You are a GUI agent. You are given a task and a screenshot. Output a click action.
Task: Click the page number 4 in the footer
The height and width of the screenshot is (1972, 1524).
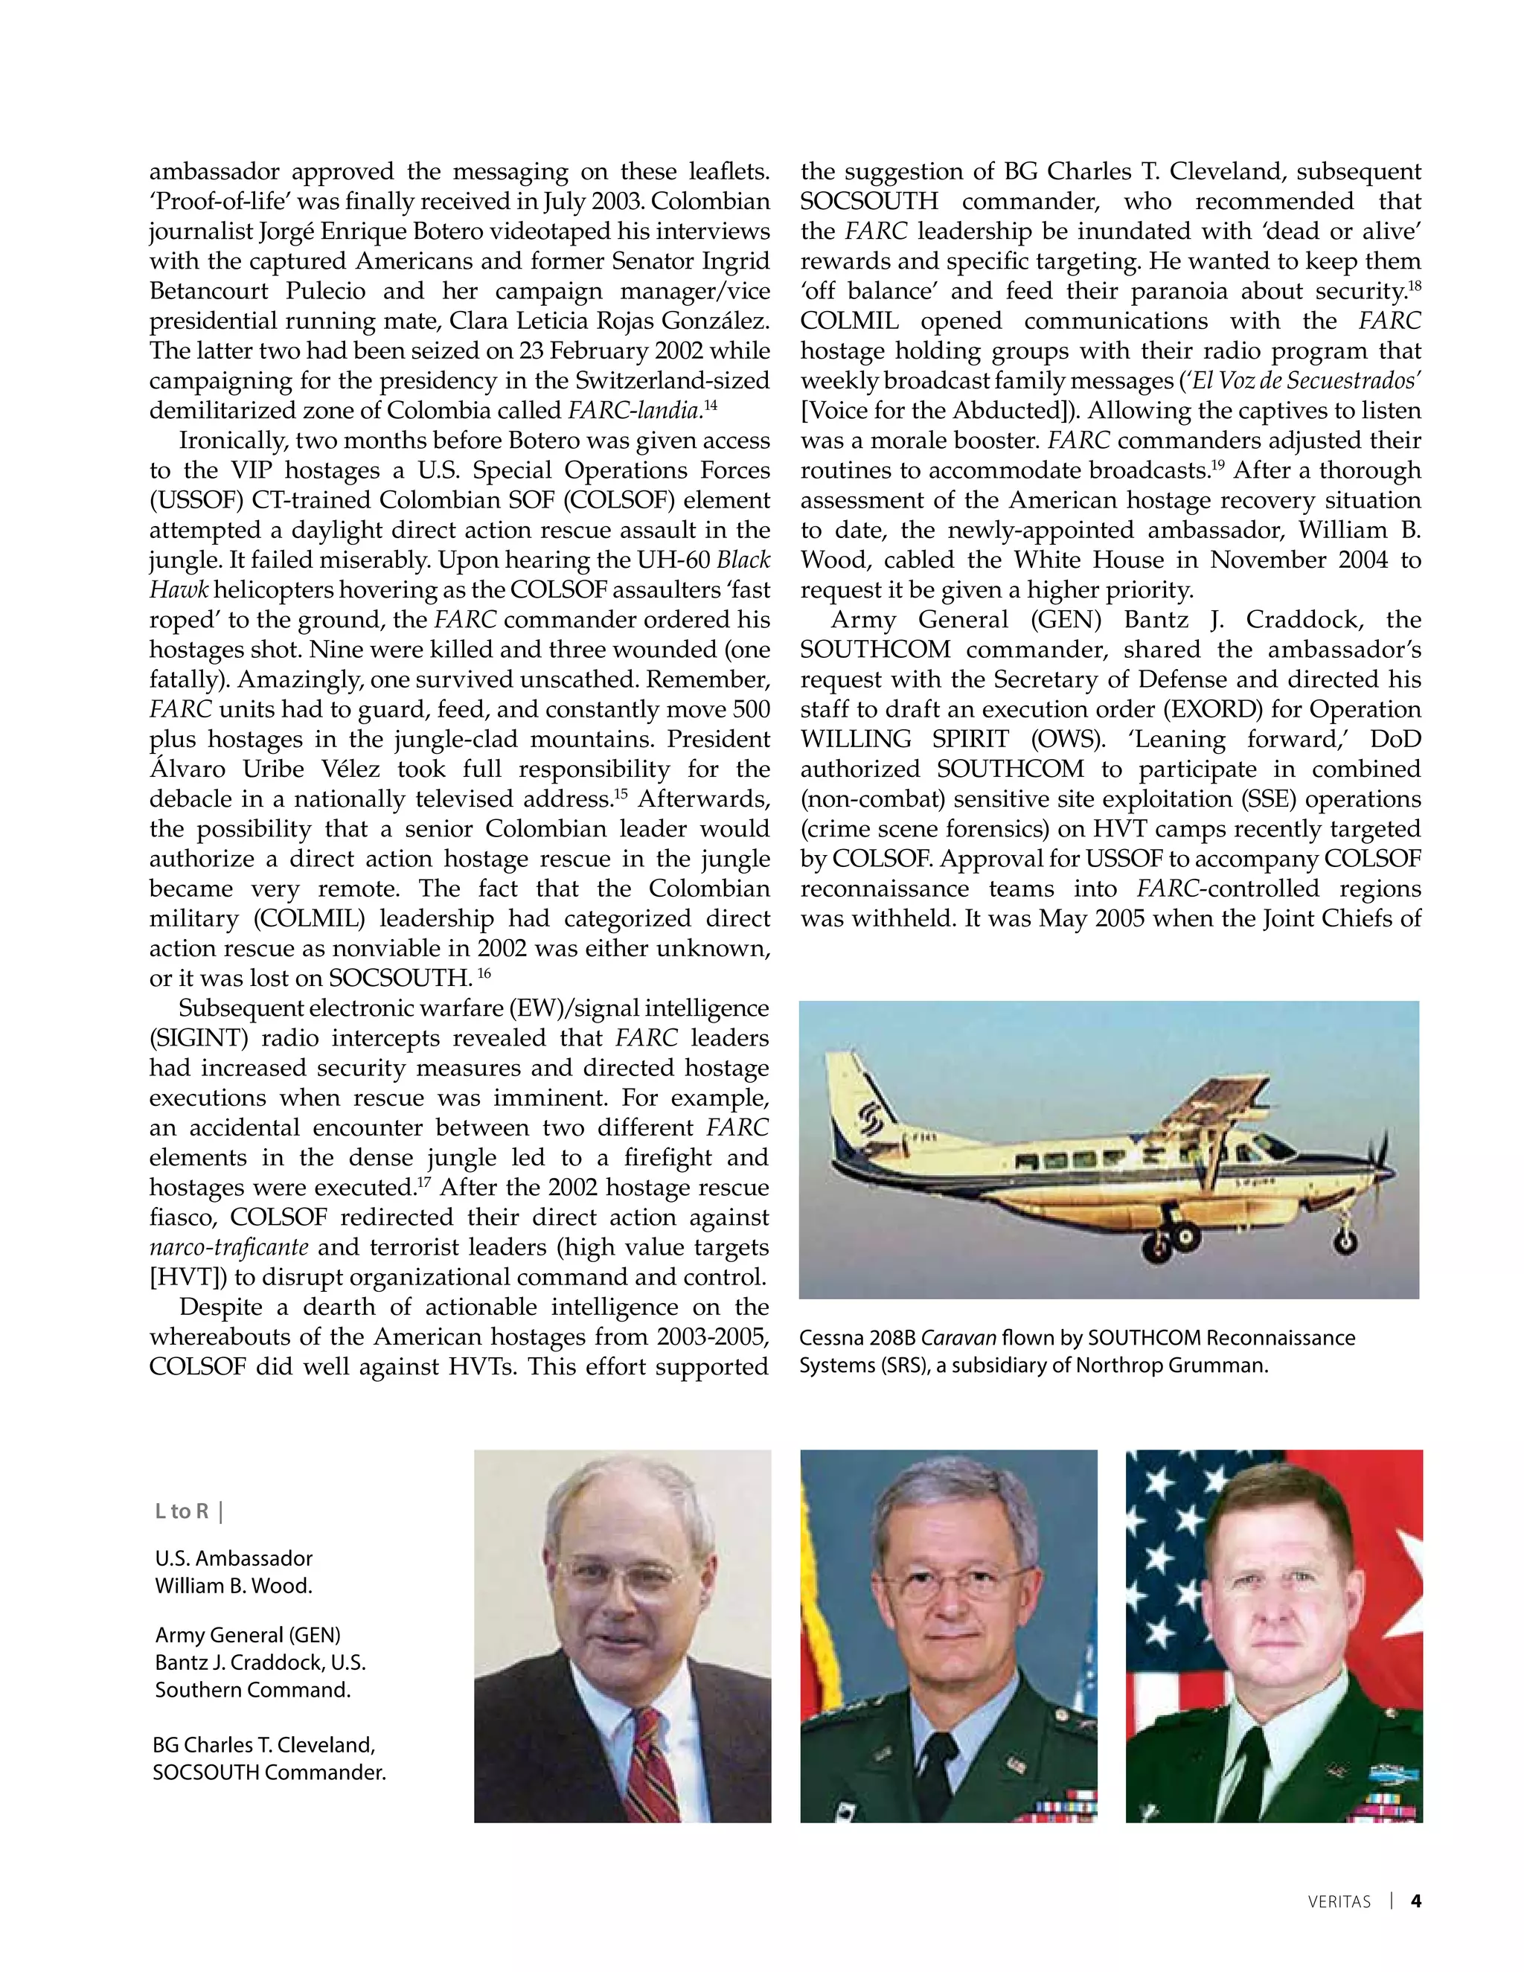tap(1415, 1901)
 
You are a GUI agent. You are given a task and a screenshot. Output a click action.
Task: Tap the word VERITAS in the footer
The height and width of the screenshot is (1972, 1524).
tap(1339, 1901)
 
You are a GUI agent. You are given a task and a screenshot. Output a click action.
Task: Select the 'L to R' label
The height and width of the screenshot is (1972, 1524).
tap(182, 1511)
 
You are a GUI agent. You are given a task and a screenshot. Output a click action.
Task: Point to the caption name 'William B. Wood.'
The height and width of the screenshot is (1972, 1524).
tap(233, 1586)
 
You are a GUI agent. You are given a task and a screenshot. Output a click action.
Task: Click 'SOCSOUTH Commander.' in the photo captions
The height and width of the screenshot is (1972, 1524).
tap(269, 1773)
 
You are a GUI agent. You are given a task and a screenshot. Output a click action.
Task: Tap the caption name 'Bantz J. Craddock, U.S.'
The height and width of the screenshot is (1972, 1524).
tap(260, 1662)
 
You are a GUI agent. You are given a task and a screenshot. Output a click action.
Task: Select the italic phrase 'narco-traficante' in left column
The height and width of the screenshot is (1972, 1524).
tap(228, 1247)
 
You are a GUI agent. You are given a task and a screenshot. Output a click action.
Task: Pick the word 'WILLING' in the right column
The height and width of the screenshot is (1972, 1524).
tap(859, 739)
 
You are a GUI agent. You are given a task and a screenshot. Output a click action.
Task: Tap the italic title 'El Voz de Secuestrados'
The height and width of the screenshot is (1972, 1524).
tap(1304, 380)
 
